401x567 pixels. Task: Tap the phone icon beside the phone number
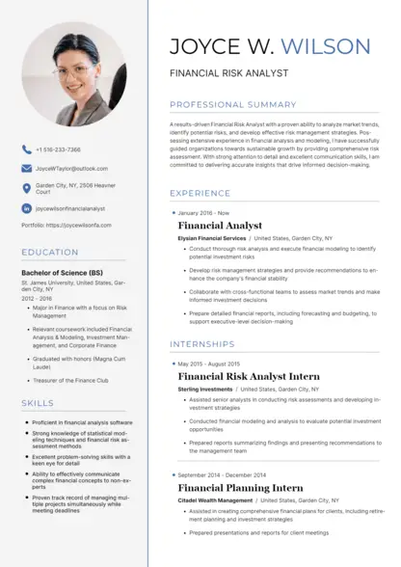26,149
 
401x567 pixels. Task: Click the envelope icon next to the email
26,168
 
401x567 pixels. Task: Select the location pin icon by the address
26,188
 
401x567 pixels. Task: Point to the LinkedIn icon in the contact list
26,207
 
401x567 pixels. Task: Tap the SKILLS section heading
38,402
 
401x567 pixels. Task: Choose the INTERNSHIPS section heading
202,343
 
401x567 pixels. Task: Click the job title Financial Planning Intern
240,488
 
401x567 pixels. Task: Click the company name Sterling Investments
205,389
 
